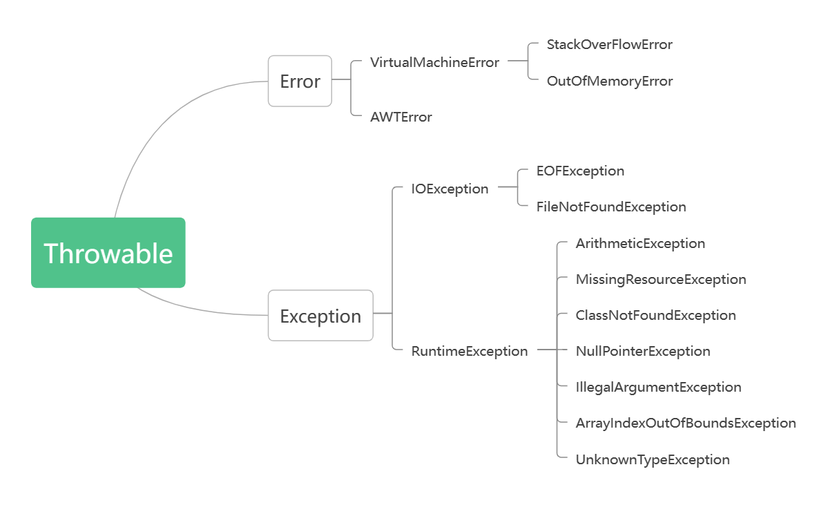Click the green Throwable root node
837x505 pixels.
tap(108, 253)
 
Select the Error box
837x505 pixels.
tap(300, 82)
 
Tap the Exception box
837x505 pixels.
tap(320, 316)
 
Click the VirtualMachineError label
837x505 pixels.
tap(434, 62)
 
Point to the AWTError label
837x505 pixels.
tap(401, 117)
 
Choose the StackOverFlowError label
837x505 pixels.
tap(609, 44)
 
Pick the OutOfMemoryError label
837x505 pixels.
tap(609, 81)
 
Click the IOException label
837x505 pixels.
tap(450, 189)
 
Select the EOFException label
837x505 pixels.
tap(580, 171)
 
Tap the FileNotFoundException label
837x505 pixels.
tap(611, 207)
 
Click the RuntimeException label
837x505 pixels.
tap(470, 351)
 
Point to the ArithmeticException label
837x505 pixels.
tap(640, 243)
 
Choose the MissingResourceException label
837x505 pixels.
tap(661, 279)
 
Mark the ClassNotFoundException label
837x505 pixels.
tap(655, 315)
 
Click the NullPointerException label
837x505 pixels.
tap(643, 351)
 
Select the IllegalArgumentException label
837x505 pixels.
tap(658, 387)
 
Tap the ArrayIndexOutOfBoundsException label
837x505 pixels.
tap(686, 423)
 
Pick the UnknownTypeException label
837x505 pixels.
tap(653, 459)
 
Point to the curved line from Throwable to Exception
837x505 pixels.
tap(200, 309)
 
